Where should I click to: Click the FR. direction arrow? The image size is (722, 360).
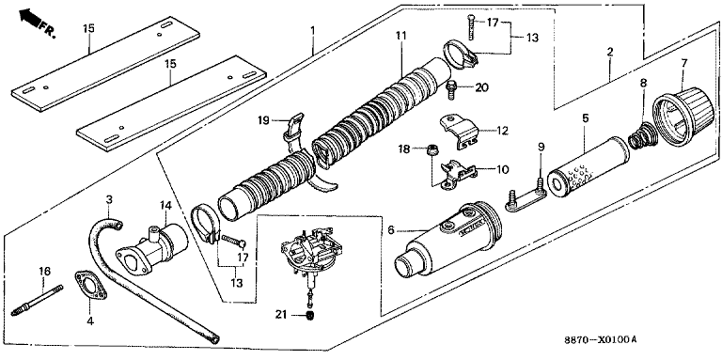pyautogui.click(x=30, y=19)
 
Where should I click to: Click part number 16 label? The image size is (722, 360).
pyautogui.click(x=44, y=271)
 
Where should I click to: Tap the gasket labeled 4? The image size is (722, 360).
pyautogui.click(x=90, y=286)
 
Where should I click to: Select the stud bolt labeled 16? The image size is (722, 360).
pyautogui.click(x=37, y=303)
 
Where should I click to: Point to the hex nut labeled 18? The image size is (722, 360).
pyautogui.click(x=432, y=149)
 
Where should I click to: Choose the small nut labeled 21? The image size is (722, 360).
pyautogui.click(x=309, y=315)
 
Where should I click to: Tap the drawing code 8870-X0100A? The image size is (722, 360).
pyautogui.click(x=601, y=340)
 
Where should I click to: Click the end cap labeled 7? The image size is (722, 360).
pyautogui.click(x=683, y=116)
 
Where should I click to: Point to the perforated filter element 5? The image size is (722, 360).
pyautogui.click(x=589, y=165)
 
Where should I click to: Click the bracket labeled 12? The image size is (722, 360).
pyautogui.click(x=460, y=132)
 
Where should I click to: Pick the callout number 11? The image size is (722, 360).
pyautogui.click(x=400, y=35)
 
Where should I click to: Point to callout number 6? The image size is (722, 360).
pyautogui.click(x=390, y=229)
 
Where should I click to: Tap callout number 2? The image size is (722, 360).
pyautogui.click(x=609, y=52)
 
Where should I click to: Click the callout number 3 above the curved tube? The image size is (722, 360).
pyautogui.click(x=109, y=199)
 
